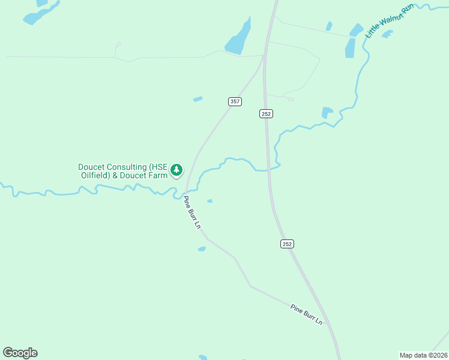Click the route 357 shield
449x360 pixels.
tap(235, 101)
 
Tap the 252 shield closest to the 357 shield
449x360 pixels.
tap(267, 113)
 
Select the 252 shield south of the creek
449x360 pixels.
tap(287, 244)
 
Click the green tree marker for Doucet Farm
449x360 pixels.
tap(176, 170)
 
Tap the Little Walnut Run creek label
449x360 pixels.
tap(390, 21)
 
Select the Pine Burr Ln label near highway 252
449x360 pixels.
tap(306, 314)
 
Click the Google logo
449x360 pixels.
tap(20, 353)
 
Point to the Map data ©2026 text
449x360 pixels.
tap(423, 355)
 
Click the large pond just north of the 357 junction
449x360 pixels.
tap(238, 38)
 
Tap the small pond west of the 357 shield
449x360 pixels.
tap(197, 99)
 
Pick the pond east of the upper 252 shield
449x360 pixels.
tap(327, 112)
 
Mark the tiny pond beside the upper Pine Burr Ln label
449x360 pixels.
tap(209, 200)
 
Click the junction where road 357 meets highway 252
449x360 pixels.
tap(264, 56)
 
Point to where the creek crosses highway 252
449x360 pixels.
tap(268, 170)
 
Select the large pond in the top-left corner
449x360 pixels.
tap(41, 13)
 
